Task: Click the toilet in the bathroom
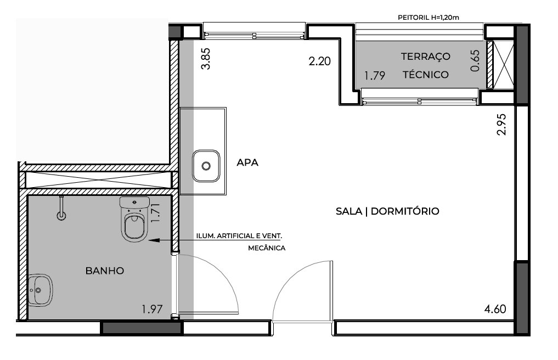click(135, 218)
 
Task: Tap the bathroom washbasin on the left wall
click(40, 290)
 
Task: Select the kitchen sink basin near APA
click(206, 166)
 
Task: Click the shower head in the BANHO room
click(61, 209)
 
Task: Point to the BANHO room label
click(105, 271)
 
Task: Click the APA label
click(247, 163)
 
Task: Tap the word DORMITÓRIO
click(405, 211)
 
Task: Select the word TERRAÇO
click(426, 57)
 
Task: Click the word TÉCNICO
click(426, 75)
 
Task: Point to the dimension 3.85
click(206, 59)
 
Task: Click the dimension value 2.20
click(319, 61)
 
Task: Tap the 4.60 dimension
click(495, 309)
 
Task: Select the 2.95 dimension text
click(501, 124)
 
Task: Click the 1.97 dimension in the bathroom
click(153, 309)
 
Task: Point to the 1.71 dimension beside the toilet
click(156, 213)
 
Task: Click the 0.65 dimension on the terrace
click(475, 60)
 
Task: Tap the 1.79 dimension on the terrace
click(375, 76)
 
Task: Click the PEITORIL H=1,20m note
click(429, 17)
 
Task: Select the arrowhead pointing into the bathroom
click(154, 240)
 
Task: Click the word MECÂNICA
click(267, 248)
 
